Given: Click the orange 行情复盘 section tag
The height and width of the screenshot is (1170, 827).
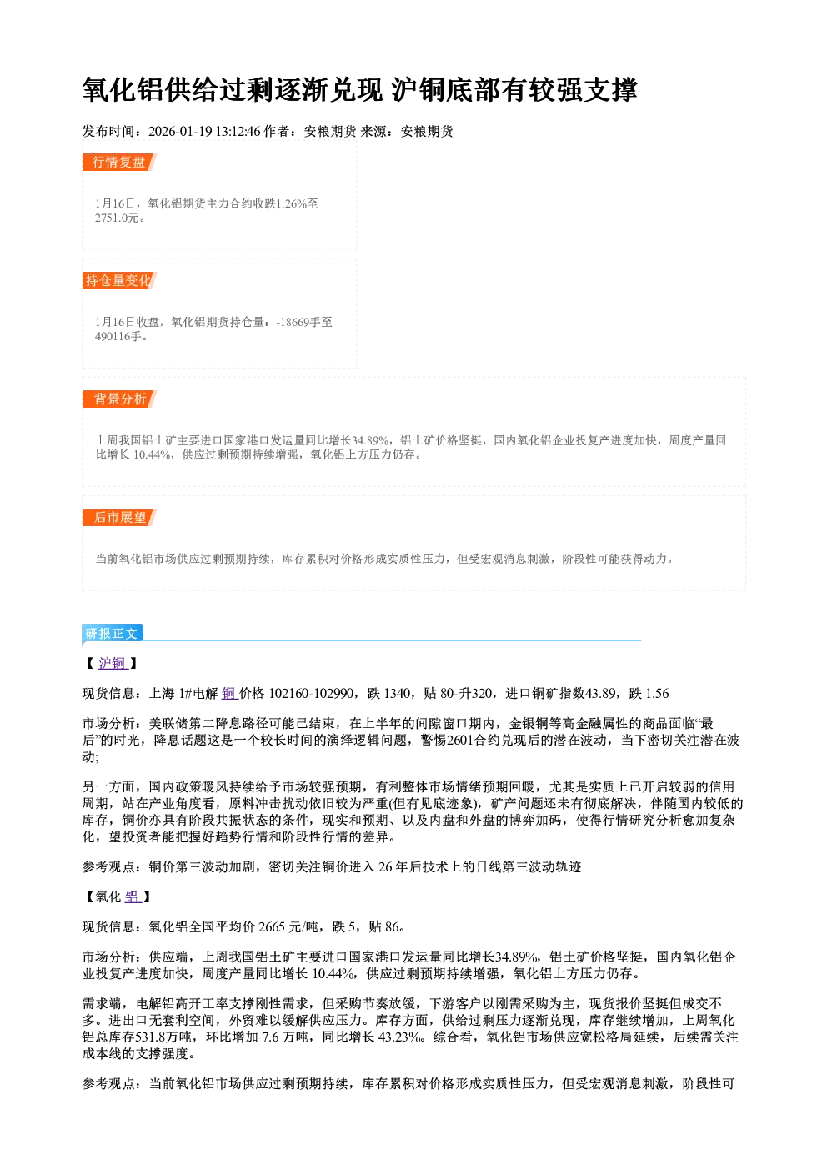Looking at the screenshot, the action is [119, 162].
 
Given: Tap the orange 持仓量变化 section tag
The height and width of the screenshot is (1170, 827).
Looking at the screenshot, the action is [119, 280].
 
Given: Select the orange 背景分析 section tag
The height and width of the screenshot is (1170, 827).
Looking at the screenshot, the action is [119, 399].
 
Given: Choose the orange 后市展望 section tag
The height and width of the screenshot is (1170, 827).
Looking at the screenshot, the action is [119, 518].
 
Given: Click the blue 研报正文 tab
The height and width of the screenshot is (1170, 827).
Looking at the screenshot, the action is [112, 634].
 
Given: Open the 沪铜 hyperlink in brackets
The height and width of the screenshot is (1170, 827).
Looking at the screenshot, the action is [113, 663].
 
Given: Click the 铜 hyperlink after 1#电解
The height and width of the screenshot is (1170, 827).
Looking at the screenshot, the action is [229, 694].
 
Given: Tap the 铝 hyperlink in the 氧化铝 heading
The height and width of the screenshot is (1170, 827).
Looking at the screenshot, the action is [132, 896].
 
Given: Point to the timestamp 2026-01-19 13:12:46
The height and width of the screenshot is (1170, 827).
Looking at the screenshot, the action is [204, 131].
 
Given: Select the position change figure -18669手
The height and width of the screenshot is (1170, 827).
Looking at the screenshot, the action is [298, 322].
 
